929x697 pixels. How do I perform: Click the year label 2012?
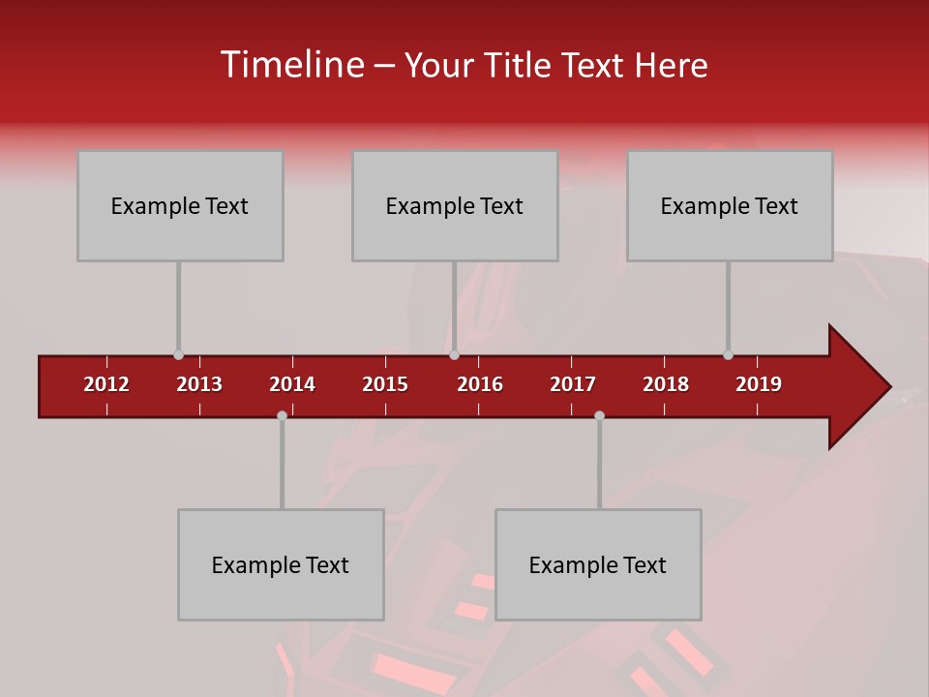tap(106, 384)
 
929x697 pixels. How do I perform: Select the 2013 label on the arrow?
tap(199, 384)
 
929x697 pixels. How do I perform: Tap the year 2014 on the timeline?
tap(292, 384)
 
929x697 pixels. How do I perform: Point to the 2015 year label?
tap(385, 384)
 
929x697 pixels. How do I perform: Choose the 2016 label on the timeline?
tap(480, 384)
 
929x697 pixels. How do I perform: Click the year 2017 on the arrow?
tap(573, 384)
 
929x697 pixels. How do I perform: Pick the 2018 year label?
tap(666, 384)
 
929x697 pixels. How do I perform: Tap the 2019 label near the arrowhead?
tap(759, 384)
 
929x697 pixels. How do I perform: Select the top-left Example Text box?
tap(180, 205)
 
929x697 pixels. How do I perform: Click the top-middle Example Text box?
tap(455, 205)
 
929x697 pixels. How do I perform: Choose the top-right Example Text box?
tap(730, 205)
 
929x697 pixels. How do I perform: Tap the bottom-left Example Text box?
tap(281, 564)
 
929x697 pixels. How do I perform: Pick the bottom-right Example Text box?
tap(598, 564)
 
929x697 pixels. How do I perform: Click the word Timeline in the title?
tap(291, 65)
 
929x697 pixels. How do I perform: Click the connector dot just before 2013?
tap(178, 355)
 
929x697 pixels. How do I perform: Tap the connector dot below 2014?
tap(282, 415)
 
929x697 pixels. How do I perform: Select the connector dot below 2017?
tap(599, 415)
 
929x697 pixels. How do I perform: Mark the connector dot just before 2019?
tap(728, 355)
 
